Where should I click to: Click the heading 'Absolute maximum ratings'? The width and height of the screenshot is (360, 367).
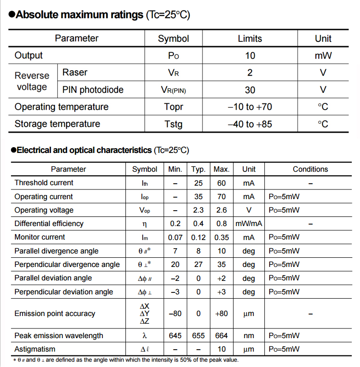pos(79,15)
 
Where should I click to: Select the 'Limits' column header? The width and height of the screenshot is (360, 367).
pos(250,38)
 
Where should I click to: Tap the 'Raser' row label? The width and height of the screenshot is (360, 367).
pos(75,73)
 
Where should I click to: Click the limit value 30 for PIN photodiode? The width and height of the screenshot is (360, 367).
pos(250,90)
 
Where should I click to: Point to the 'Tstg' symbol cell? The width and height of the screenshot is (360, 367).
pos(174,124)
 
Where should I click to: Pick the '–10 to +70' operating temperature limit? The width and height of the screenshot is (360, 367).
pos(250,107)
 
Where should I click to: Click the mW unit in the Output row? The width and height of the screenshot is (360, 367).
pos(323,56)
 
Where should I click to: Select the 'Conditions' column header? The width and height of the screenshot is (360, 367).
pos(310,169)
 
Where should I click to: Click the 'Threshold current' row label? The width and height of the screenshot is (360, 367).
pos(44,183)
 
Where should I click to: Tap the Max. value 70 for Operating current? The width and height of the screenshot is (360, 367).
pos(222,197)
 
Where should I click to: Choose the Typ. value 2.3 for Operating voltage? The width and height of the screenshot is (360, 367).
pos(199,210)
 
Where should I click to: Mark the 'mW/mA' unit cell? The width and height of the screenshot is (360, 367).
pos(248,224)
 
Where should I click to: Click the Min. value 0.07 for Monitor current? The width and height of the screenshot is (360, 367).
pos(175,237)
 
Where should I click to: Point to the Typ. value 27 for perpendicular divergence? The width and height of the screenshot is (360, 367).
pos(199,265)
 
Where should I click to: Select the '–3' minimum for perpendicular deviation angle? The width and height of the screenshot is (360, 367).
pos(175,292)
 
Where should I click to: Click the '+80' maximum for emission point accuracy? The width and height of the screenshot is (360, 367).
pos(222,314)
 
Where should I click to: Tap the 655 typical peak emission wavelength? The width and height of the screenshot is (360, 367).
pos(199,336)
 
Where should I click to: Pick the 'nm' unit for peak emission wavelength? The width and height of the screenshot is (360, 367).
pos(248,336)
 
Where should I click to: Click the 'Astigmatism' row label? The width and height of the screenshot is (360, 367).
pos(35,349)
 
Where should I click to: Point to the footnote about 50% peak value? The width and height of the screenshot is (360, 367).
pos(126,360)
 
